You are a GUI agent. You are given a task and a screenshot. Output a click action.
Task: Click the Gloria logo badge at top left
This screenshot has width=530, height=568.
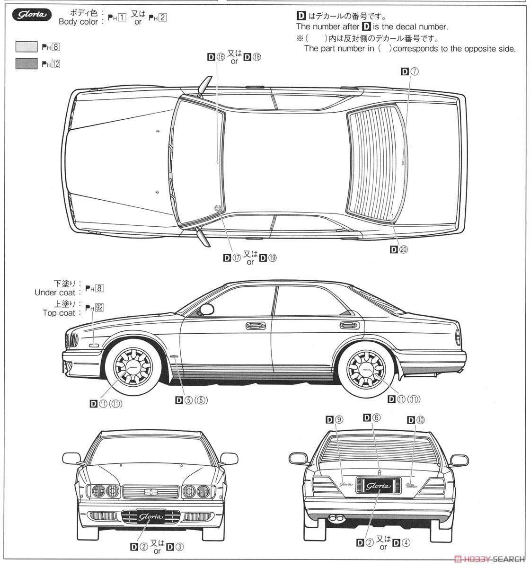coord(32,15)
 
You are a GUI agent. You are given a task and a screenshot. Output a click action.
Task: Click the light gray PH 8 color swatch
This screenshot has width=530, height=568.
coord(26,47)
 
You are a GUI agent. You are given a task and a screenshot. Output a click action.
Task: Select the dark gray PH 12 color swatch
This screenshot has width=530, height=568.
coord(26,63)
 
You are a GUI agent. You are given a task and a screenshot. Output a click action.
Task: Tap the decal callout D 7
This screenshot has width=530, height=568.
coord(410,71)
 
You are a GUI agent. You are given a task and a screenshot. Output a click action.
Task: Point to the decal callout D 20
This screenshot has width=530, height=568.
coord(398,249)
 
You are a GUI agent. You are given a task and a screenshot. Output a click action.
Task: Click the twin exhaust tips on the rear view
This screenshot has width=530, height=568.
coord(336,518)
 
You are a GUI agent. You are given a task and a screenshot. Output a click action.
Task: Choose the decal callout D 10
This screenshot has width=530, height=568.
coord(416,419)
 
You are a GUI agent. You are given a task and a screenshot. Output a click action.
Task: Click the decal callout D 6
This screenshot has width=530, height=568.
coord(371,417)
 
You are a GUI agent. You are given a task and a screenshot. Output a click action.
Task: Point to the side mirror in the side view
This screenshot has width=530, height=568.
coord(207,310)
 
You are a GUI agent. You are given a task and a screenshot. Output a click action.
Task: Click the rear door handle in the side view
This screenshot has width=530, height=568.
coord(349,325)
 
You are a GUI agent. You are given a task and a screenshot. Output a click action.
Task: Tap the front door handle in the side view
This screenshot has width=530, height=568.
coord(256,325)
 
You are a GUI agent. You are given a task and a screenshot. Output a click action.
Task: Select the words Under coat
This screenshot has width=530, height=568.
coord(54,293)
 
